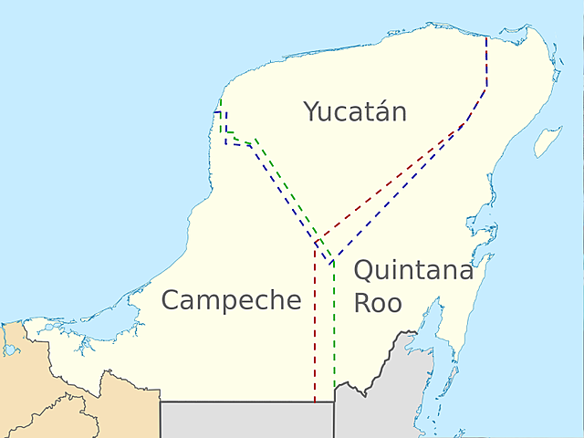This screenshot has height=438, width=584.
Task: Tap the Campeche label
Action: [231, 299]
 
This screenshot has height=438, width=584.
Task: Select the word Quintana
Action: [413, 271]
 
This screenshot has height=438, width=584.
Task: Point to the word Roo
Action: [378, 303]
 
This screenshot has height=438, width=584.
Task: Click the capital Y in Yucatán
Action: [312, 112]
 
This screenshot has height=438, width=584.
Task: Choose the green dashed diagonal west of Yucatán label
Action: [283, 187]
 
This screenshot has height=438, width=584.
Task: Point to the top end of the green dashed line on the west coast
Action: [221, 99]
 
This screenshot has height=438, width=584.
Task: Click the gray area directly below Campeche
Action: [246, 420]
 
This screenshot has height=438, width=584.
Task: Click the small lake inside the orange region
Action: [10, 348]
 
